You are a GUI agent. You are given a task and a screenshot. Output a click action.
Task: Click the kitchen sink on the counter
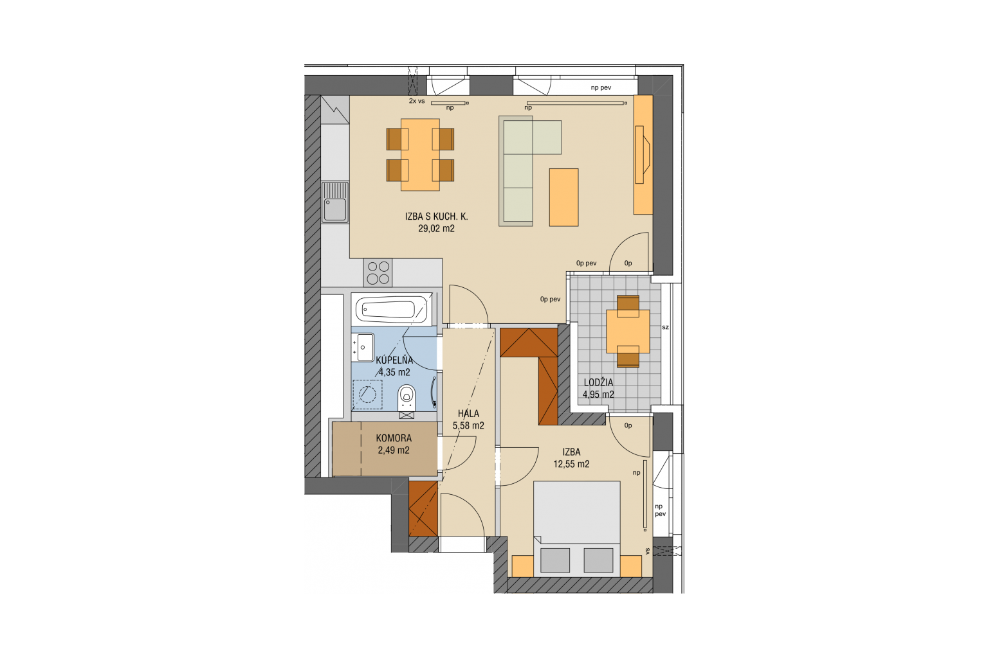tap(334, 202)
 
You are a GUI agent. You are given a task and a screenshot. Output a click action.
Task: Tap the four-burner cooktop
tap(378, 272)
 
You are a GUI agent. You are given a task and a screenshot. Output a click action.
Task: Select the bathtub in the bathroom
tap(391, 309)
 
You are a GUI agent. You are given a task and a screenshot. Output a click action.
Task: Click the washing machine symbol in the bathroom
tap(367, 394)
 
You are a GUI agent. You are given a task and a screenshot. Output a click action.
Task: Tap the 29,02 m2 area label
tap(436, 228)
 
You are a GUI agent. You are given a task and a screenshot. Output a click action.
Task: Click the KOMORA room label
tap(394, 438)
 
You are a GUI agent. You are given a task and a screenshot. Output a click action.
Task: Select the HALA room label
tap(468, 413)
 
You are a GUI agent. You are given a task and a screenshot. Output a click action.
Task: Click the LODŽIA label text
tap(599, 382)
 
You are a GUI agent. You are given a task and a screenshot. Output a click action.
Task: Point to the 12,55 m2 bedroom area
tap(571, 464)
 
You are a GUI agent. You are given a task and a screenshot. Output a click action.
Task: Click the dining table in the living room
tap(420, 155)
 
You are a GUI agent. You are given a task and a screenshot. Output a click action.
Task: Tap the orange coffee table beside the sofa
tap(563, 197)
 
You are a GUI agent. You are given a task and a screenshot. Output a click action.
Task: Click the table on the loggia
tap(628, 332)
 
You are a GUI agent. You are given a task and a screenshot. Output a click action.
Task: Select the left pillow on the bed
tap(555, 560)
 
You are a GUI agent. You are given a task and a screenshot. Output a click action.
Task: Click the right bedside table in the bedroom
tap(631, 566)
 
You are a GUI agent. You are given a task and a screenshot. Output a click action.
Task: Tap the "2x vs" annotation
tap(417, 101)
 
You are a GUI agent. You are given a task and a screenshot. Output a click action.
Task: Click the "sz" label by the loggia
tap(666, 328)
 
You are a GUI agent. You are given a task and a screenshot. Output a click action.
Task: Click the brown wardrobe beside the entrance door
tap(423, 508)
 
